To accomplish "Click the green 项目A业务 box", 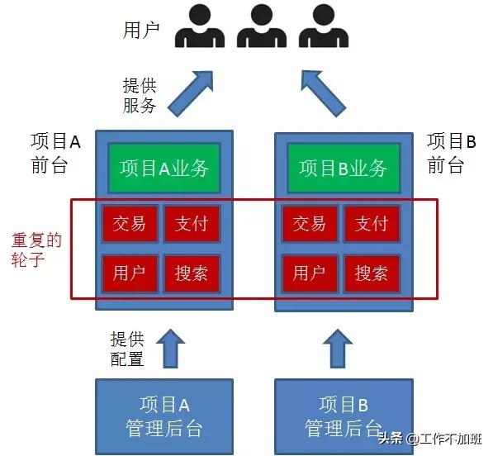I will [164, 168].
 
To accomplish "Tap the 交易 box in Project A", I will [130, 224].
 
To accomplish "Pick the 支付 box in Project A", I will [192, 224].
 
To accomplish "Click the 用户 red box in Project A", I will [130, 273].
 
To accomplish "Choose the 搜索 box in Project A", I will [192, 273].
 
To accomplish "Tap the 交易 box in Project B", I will [309, 224].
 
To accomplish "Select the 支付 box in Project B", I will [371, 224].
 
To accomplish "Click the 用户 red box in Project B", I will [309, 273].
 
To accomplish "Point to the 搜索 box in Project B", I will [371, 273].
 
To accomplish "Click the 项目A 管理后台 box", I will [164, 416].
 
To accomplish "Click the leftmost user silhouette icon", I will [199, 27].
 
